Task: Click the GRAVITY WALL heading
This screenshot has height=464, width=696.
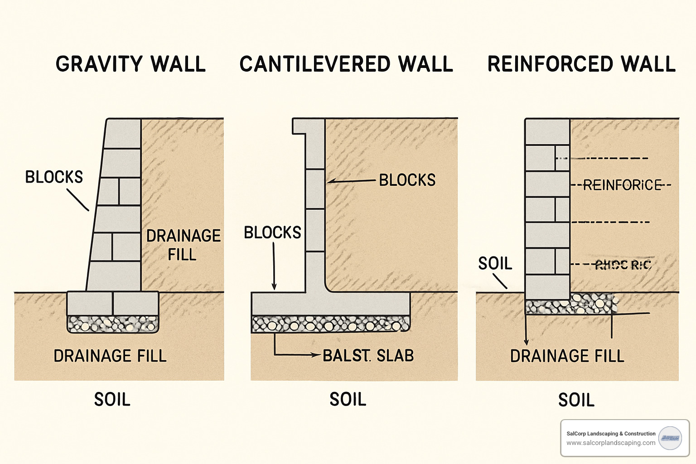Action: [130, 64]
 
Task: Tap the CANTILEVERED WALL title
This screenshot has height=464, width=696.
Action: [346, 64]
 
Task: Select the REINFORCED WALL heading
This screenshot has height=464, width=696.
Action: [581, 64]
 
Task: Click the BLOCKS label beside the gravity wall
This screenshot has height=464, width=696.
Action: [54, 177]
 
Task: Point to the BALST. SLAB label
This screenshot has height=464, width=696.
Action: [368, 356]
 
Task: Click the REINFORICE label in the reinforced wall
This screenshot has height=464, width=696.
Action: [622, 185]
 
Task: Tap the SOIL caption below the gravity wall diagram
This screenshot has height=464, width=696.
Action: [112, 400]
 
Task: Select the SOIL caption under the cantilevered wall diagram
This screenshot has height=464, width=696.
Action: [348, 400]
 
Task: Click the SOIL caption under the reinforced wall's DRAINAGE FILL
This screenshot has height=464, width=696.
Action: [576, 400]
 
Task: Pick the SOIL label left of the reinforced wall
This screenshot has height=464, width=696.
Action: [495, 263]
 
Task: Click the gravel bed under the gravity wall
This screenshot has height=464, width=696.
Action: [113, 324]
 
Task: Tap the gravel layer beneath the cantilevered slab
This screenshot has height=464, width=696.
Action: [330, 324]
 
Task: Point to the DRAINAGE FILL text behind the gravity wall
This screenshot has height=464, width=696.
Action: [183, 245]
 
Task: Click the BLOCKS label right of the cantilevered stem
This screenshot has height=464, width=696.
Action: [407, 180]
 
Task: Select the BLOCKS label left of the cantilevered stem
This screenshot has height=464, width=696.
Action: [272, 232]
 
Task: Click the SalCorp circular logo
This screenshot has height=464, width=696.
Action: [670, 438]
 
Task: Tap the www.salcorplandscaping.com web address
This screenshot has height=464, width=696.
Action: [610, 443]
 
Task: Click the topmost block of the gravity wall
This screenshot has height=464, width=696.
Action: [122, 134]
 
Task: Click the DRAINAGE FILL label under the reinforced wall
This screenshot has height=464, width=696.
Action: [567, 356]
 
